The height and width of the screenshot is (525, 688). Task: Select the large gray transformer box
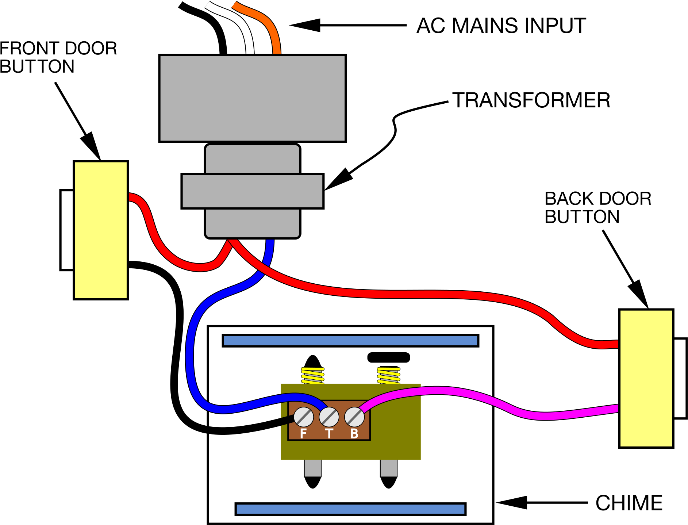click(x=252, y=98)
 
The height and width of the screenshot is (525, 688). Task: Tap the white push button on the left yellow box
click(x=67, y=230)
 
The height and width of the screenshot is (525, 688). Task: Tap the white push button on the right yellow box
click(x=680, y=378)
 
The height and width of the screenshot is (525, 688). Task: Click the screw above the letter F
click(x=303, y=417)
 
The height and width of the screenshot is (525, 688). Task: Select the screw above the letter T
click(x=329, y=417)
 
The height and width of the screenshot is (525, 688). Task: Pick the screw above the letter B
click(x=354, y=417)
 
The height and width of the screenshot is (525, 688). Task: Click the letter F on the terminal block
click(x=303, y=434)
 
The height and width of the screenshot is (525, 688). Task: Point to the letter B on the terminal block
click(x=354, y=434)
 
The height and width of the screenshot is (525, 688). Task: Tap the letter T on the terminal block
click(x=329, y=434)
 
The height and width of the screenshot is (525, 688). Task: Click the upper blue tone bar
click(x=350, y=341)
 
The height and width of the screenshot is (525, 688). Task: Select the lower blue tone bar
click(x=350, y=509)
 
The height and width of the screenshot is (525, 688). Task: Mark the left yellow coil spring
click(x=313, y=375)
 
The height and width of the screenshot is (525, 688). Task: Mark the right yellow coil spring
click(x=389, y=375)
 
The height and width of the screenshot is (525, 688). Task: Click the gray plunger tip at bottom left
click(x=313, y=468)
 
